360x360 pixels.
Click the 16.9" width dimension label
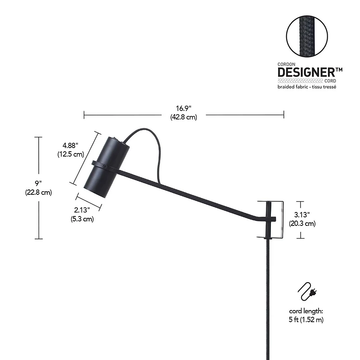[x=184, y=108]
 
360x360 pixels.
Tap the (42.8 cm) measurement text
[x=184, y=117]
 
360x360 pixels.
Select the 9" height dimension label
[x=39, y=184]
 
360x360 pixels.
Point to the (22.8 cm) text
[x=39, y=192]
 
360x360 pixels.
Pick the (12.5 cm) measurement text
[x=71, y=154]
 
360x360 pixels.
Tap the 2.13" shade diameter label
[x=81, y=210]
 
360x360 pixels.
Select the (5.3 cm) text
[x=82, y=219]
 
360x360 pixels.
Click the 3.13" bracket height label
[x=305, y=214]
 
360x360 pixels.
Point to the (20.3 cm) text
[x=305, y=223]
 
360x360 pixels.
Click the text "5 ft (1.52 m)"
[x=306, y=319]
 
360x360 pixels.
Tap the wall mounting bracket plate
[x=275, y=219]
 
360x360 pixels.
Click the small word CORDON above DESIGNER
[x=285, y=64]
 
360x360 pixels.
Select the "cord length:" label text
[x=306, y=311]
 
